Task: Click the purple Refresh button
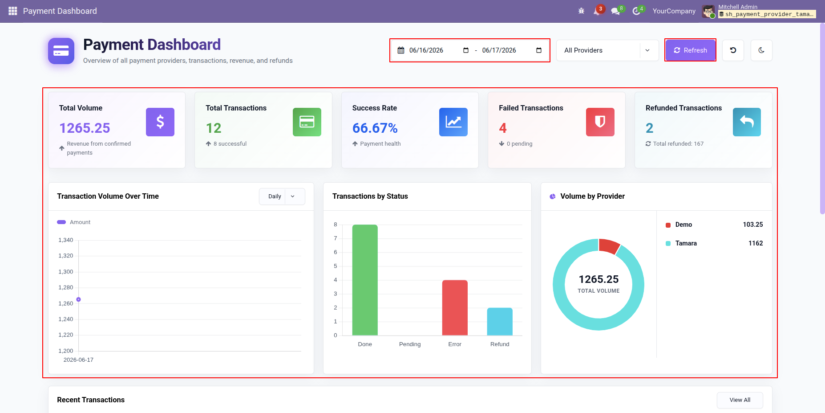pos(690,50)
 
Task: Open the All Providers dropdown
pos(607,50)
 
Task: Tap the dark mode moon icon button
pos(761,50)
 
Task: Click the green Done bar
pos(365,280)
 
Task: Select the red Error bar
pos(455,307)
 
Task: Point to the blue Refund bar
pos(500,321)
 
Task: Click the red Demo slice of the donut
pos(609,245)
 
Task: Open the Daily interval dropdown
pos(282,196)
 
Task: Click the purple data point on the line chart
pos(78,299)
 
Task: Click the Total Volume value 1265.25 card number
pos(85,128)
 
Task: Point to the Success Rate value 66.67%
pos(375,128)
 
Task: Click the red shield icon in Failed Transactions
pos(600,122)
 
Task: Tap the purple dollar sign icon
pos(160,122)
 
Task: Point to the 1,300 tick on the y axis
pos(66,272)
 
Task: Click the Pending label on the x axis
pos(410,344)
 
